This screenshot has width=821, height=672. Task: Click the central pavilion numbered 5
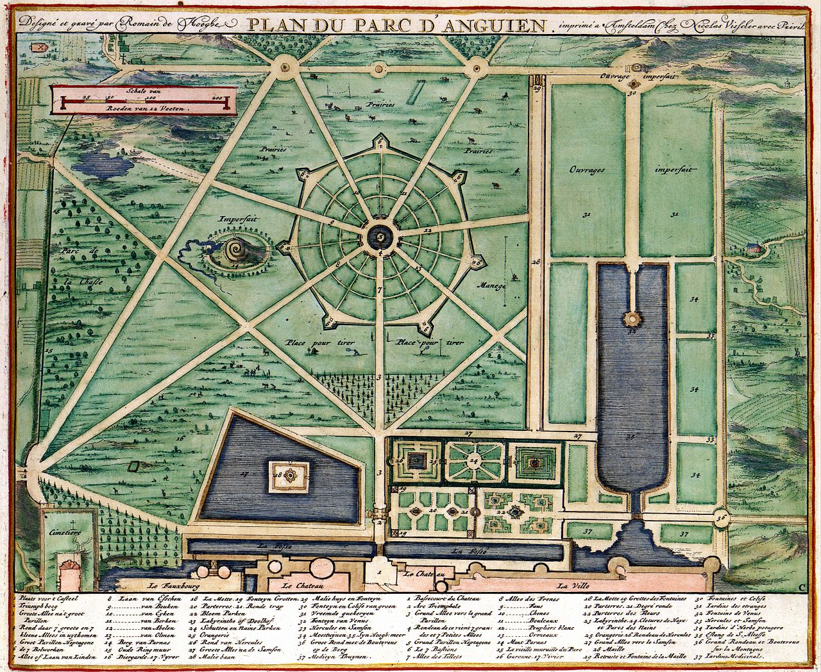tap(381, 238)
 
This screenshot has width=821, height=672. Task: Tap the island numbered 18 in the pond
tap(289, 476)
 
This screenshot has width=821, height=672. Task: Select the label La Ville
tap(571, 585)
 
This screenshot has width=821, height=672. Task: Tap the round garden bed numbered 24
tap(474, 460)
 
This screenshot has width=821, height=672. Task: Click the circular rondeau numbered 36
tap(721, 517)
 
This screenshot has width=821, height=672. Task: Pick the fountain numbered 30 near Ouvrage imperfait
tap(633, 84)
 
